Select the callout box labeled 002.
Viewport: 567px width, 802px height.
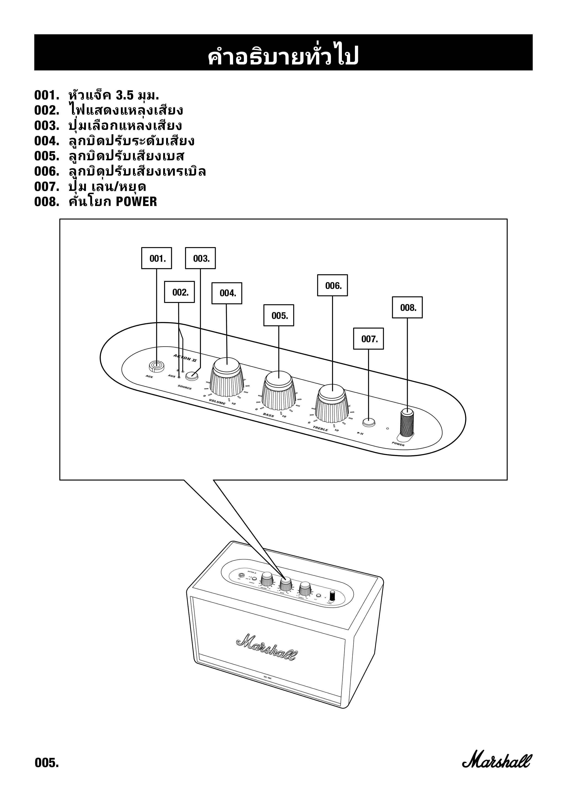[x=179, y=292]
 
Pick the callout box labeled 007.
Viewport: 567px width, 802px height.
[x=368, y=339]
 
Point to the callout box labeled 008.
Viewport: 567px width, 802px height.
[x=407, y=307]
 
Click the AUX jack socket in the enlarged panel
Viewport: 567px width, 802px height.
[x=156, y=366]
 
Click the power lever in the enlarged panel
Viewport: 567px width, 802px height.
[x=407, y=423]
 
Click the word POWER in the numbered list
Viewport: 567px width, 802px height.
[x=136, y=202]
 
